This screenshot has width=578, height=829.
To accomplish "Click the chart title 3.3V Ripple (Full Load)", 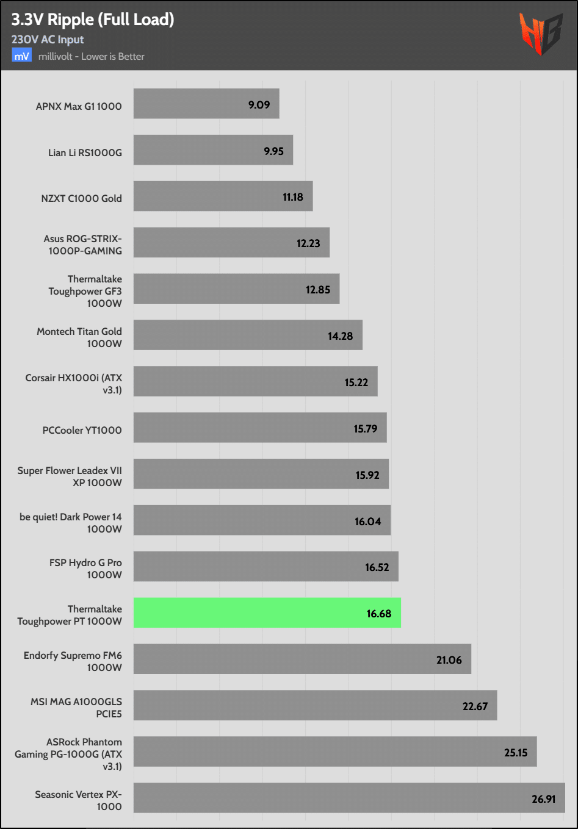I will coord(93,20).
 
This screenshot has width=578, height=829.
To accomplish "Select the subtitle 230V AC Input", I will coord(48,40).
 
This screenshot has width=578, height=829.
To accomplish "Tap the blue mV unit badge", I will coord(21,56).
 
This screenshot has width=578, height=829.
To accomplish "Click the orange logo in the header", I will coord(540,34).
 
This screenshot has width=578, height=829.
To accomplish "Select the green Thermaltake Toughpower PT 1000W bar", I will coord(267,612).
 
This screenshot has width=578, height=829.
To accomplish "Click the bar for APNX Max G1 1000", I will coord(206,104).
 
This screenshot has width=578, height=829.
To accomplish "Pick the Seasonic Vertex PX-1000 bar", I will coord(349,797).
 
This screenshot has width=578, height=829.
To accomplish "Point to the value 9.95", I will coord(273,151).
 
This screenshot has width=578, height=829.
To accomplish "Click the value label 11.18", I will coord(293,197).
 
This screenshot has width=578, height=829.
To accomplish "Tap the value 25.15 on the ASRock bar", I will coord(516,752).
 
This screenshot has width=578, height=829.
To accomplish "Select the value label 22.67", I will coord(475,706).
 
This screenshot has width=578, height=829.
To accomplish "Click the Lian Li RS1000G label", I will coord(85,153).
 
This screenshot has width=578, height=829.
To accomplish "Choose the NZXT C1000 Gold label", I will coord(81,198).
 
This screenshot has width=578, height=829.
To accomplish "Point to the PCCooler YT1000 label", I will coord(82,430).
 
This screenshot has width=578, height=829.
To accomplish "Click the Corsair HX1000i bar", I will coord(255,381).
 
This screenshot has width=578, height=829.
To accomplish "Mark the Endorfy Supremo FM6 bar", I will coord(302,659).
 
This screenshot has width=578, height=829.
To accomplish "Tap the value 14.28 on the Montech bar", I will coord(340,336).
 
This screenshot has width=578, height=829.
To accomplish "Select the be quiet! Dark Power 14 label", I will coord(70,523).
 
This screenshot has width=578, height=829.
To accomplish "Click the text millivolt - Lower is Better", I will coord(92,56).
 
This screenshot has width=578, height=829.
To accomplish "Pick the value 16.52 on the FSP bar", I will coord(377,567).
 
